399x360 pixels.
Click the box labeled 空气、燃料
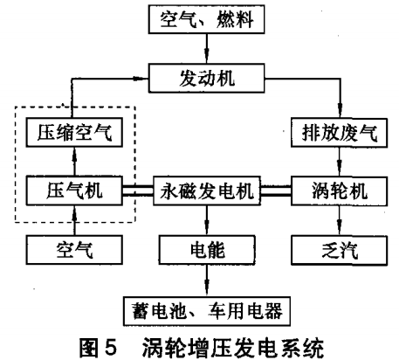[206, 19]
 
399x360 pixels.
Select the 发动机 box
[207, 78]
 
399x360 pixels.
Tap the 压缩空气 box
[74, 132]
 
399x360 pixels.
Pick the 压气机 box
[74, 190]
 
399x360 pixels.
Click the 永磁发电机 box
[207, 190]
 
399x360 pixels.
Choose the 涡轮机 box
[340, 191]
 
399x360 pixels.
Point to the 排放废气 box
[340, 133]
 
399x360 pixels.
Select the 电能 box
[207, 250]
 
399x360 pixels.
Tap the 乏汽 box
[340, 250]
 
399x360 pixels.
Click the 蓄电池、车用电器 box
[207, 311]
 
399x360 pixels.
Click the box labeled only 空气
[74, 250]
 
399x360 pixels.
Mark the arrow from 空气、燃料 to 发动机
[207, 49]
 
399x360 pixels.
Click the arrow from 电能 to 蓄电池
[207, 280]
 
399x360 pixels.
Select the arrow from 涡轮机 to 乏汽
[340, 220]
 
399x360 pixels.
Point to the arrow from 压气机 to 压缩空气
[74, 162]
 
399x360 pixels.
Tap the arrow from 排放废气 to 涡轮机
[340, 162]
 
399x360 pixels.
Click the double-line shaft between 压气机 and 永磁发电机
[138, 190]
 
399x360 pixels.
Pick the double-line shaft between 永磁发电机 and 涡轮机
[276, 190]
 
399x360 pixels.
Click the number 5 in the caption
[110, 347]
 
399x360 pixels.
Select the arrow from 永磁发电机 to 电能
[207, 220]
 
